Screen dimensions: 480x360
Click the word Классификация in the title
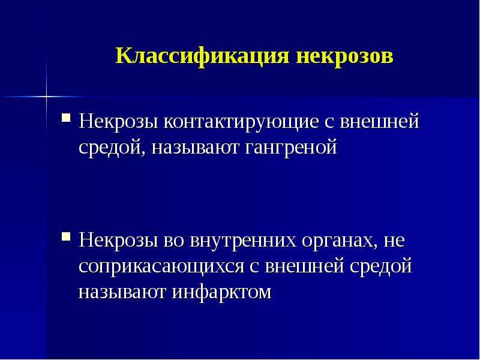202,56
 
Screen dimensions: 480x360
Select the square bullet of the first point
66,118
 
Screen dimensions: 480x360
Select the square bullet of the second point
66,236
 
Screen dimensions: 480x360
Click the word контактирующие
241,122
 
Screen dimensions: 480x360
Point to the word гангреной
291,148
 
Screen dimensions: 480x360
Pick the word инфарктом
221,292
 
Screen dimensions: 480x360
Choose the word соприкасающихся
161,267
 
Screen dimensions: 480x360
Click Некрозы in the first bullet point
118,122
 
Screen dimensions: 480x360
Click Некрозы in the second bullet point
118,241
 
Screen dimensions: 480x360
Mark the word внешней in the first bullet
379,121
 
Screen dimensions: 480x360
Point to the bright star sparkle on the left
47,97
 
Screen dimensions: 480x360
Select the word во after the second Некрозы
174,241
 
